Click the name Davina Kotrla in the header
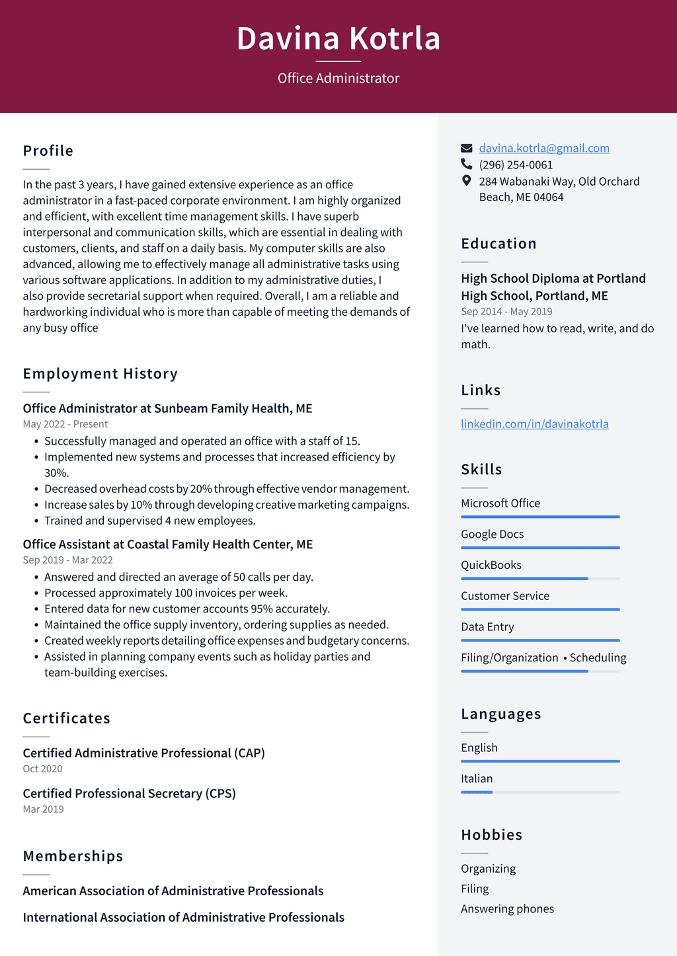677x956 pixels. (338, 38)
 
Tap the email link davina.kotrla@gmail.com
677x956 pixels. (544, 148)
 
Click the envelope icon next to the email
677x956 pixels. (467, 148)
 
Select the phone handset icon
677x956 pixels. (467, 164)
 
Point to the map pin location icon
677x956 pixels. (467, 180)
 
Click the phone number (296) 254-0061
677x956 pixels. (516, 165)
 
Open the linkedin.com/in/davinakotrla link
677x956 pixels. (534, 423)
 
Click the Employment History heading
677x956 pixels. (100, 373)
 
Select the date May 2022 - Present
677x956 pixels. (65, 424)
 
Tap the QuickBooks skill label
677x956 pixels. (491, 565)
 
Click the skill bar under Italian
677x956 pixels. (540, 791)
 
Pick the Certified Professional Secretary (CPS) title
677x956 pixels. (130, 793)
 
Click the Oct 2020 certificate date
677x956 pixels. (42, 768)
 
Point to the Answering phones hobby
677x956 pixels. (507, 908)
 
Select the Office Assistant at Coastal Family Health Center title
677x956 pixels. (168, 544)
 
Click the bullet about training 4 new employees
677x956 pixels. (149, 521)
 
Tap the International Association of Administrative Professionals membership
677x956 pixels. (184, 917)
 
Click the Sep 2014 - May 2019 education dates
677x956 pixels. (506, 311)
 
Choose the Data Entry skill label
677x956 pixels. (487, 626)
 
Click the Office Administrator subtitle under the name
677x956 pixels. (338, 78)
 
